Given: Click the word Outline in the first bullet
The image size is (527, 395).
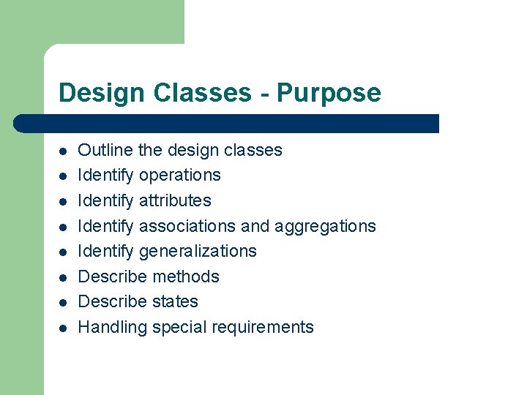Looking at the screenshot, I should (105, 150).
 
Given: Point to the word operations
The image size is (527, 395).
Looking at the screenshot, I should (179, 176).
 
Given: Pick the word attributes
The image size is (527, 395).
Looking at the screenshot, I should (175, 200).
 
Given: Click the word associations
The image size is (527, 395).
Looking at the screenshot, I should (190, 226).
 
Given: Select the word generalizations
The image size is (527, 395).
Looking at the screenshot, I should (198, 252).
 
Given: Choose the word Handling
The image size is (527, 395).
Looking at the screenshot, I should (112, 328).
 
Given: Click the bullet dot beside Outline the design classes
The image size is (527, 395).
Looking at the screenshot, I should (64, 151).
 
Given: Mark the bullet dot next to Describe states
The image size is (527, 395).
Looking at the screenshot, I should (64, 303).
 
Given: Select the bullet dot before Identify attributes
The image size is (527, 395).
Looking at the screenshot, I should (64, 202).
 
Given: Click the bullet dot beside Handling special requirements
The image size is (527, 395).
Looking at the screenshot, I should (64, 328).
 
